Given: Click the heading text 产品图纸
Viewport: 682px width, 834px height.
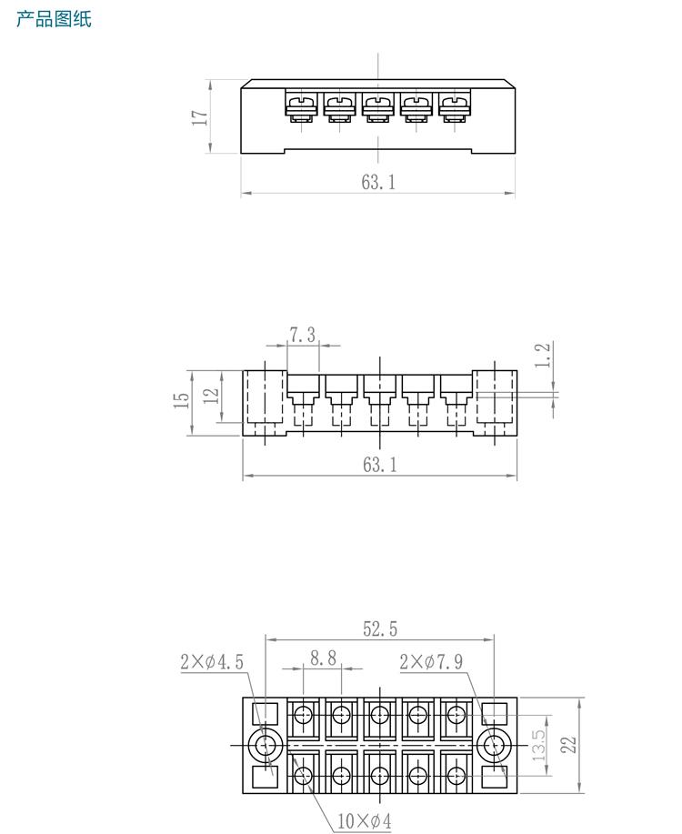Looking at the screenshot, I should [x=54, y=19].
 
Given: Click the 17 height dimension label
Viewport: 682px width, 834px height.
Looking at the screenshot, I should [x=200, y=117].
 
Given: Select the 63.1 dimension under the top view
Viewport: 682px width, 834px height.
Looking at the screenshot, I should [x=378, y=182].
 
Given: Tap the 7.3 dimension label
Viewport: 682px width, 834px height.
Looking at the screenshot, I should [x=303, y=335].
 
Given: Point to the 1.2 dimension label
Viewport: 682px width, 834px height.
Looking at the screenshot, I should [x=543, y=356].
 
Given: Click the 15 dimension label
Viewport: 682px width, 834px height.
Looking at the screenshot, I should [x=182, y=398].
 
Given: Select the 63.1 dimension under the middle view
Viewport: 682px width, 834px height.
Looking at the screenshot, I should [x=379, y=465].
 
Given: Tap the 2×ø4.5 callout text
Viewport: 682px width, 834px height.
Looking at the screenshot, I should [x=212, y=662].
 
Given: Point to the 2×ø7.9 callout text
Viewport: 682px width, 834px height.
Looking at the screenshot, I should [x=431, y=661].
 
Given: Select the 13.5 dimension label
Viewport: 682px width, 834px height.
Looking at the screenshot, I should [x=539, y=745].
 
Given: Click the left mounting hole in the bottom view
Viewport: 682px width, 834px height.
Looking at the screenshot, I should [x=266, y=745].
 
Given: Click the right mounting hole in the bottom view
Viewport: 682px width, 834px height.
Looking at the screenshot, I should [x=494, y=745].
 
